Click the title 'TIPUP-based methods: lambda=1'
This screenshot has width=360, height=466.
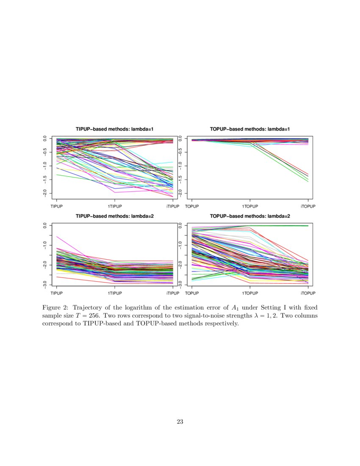point(115,129)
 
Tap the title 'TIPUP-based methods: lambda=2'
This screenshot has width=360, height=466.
point(115,216)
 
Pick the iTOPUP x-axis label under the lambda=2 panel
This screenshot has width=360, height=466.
point(308,293)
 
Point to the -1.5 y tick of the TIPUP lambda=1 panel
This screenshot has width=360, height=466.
point(45,179)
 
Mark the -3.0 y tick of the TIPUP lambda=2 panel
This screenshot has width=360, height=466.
point(45,284)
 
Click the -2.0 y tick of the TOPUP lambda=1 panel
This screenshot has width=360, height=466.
point(180,193)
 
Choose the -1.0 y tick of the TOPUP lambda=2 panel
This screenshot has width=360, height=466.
point(180,245)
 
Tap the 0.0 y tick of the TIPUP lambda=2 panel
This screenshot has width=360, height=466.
point(45,226)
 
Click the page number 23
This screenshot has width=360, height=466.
point(180,422)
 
